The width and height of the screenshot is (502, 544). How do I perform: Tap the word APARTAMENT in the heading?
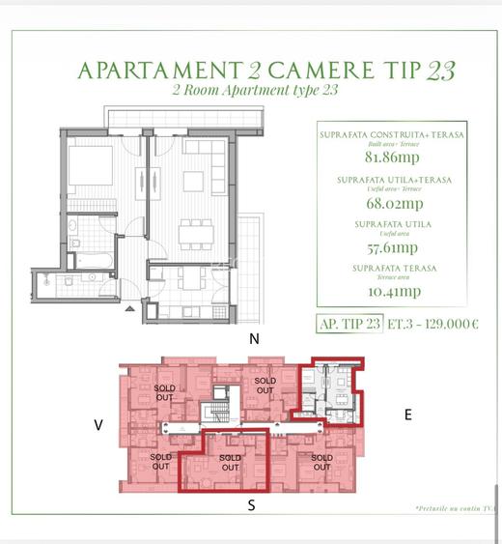click(x=156, y=71)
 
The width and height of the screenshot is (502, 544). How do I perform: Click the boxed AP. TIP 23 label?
click(x=349, y=324)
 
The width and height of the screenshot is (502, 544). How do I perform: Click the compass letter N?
click(x=255, y=339)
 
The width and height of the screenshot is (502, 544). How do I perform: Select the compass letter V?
click(x=98, y=423)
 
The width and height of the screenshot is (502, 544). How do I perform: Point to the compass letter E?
click(x=407, y=415)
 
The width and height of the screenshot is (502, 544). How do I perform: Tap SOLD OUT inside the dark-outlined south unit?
click(x=230, y=463)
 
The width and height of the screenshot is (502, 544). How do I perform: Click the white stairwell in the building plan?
click(x=219, y=406)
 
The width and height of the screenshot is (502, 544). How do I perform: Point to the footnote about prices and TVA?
click(x=456, y=507)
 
